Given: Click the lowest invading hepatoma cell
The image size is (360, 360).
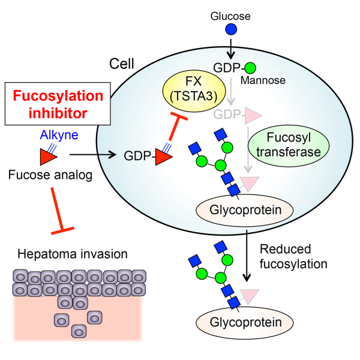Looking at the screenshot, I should tap(79, 331).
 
